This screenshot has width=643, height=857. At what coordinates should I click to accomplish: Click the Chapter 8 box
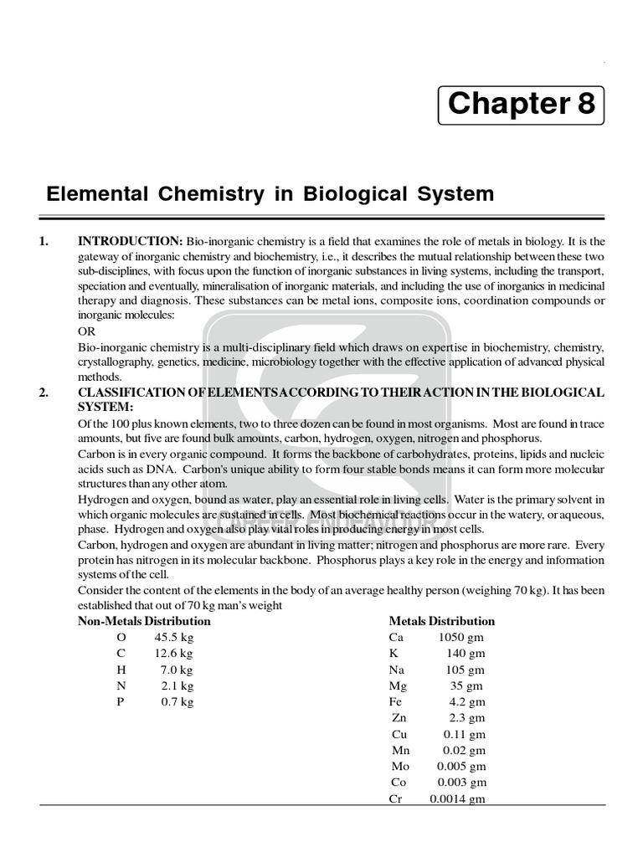point(521,104)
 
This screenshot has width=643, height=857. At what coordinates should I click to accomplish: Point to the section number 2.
point(44,393)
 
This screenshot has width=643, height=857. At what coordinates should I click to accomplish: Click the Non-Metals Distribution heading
point(144,621)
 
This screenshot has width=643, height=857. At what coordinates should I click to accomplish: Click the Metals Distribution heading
point(441,621)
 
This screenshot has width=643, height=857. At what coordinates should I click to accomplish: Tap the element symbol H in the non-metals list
point(121,670)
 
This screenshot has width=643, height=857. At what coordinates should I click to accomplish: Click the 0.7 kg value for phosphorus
point(177,702)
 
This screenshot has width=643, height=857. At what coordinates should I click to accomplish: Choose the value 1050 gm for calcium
point(460,638)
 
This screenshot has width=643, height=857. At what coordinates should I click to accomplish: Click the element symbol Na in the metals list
point(397,670)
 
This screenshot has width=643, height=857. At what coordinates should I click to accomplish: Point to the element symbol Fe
point(396,702)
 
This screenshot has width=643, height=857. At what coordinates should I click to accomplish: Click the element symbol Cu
point(399,735)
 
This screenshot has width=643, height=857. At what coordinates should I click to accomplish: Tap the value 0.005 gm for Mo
point(460,767)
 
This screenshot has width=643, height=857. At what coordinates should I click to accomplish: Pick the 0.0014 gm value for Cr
point(457,799)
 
